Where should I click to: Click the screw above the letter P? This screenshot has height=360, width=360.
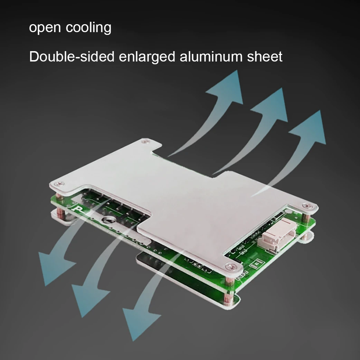(x=61, y=184)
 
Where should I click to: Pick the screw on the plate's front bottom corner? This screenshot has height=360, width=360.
(x=230, y=266)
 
